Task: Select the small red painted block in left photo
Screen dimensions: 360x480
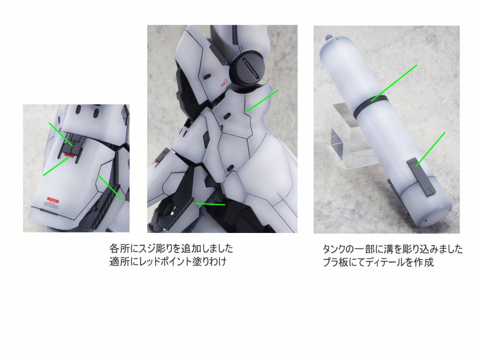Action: [69, 154]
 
